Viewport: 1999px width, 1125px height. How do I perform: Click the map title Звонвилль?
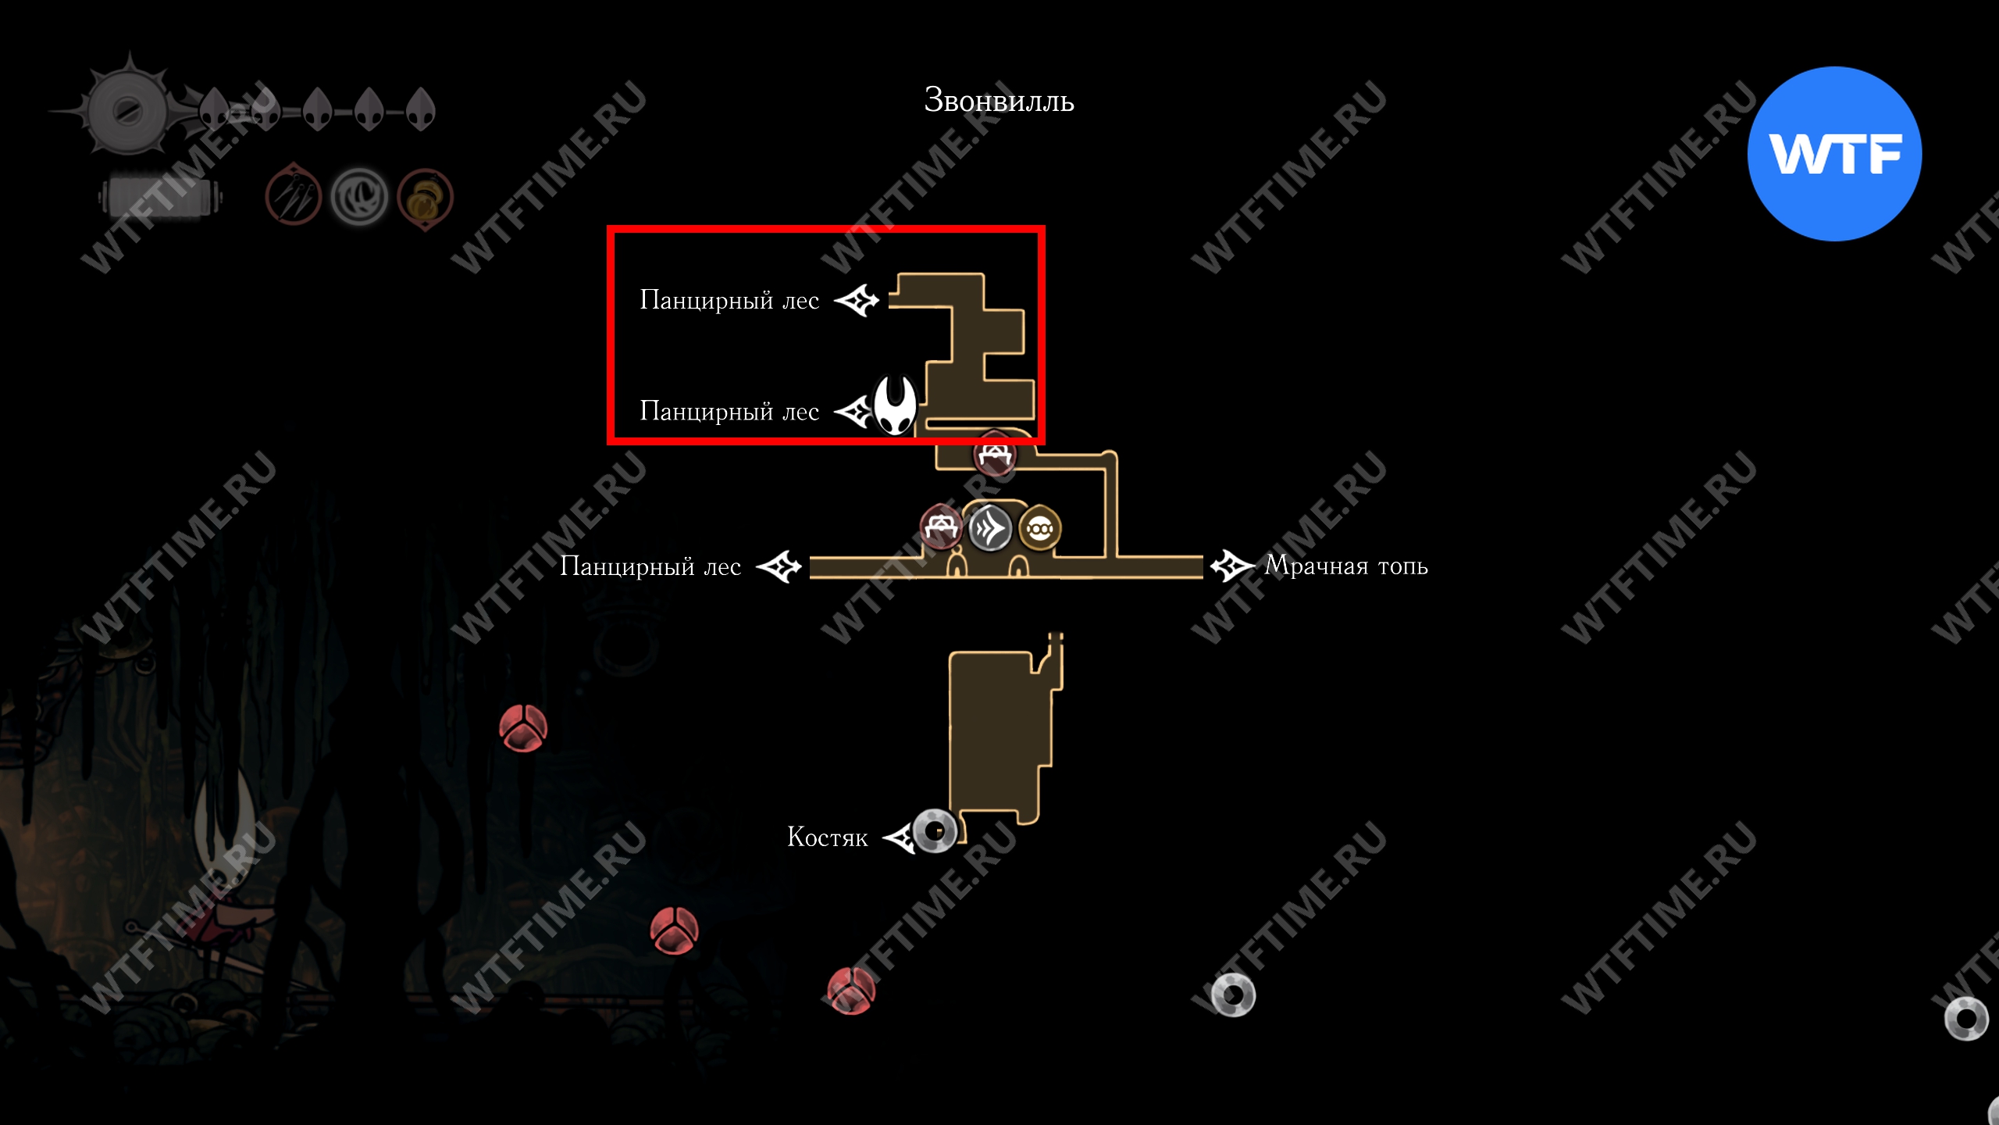coord(999,101)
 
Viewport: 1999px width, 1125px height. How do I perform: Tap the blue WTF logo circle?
coord(1834,154)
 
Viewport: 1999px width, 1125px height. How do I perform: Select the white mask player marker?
coord(894,404)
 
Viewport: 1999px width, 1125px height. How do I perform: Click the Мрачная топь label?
coord(1346,565)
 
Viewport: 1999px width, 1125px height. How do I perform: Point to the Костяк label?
coord(827,837)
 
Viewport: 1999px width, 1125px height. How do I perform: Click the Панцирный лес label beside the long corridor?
coord(650,566)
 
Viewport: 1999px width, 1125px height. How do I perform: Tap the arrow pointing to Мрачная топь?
coord(1232,566)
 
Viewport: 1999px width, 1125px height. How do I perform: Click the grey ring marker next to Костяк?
coord(934,830)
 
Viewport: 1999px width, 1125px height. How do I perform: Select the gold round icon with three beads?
coord(1040,529)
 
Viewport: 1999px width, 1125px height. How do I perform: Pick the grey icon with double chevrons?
coord(990,529)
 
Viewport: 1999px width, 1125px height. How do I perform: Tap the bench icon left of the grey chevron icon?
coord(941,527)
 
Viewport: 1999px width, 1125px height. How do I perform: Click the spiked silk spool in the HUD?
coord(127,109)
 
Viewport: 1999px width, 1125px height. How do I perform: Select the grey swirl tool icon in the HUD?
coord(359,197)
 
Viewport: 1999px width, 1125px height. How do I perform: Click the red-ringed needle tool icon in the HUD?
coord(294,195)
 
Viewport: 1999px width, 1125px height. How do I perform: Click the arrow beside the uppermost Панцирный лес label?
coord(857,300)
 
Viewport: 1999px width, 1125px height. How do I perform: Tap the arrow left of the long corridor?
coord(779,566)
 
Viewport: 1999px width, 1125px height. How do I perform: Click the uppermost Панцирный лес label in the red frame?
coord(729,300)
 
